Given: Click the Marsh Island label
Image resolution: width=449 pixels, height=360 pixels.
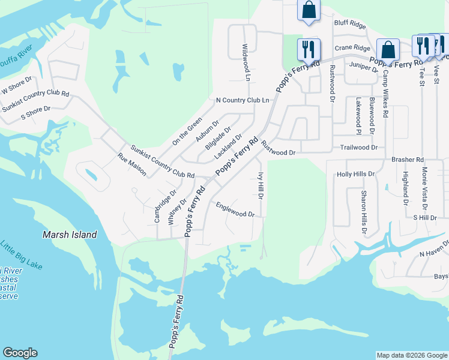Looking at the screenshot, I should (x=70, y=235).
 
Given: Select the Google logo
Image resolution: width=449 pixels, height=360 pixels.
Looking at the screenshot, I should (x=20, y=353).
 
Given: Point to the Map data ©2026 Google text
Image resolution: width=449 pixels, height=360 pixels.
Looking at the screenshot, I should (x=412, y=355).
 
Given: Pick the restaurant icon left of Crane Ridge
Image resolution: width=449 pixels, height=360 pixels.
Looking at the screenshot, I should (x=309, y=49).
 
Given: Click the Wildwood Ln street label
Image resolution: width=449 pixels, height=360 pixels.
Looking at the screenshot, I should (x=246, y=62).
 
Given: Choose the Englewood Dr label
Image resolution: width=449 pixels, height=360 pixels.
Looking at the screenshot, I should (x=235, y=209).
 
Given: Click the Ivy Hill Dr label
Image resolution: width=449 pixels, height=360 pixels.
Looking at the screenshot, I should (x=261, y=186).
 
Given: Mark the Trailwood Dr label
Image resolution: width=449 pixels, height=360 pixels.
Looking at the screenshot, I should (x=358, y=147).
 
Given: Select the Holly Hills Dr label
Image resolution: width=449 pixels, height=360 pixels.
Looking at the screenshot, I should (x=355, y=174).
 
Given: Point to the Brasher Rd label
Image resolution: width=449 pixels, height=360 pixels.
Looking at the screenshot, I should (x=408, y=160).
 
